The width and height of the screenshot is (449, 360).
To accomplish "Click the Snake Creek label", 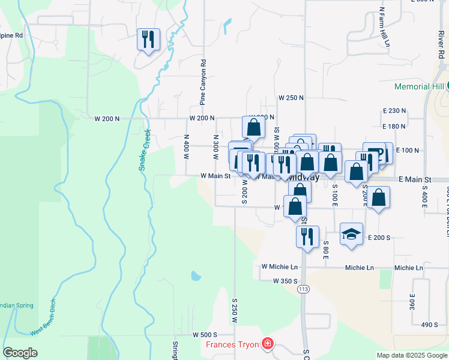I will point(144,151).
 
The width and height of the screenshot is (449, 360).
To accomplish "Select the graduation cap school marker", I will point(351,233).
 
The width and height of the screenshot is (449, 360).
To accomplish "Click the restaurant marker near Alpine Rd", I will point(148,40).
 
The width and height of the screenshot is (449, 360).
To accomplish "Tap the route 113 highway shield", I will point(304,289).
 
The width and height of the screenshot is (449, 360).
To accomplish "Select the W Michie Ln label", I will point(279,266).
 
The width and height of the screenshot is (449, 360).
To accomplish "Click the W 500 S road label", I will point(205,334).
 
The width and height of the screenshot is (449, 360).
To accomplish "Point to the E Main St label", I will point(415,179).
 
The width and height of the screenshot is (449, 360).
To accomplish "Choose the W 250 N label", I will point(291,97).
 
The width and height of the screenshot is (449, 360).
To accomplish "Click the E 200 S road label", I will point(379,238).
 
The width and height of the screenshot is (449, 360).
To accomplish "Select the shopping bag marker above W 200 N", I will point(253,127).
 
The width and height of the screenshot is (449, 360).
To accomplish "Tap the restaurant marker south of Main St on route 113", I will point(307,236).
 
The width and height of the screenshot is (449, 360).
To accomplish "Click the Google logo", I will point(20,353).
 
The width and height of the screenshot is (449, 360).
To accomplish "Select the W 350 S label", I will point(285,281).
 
